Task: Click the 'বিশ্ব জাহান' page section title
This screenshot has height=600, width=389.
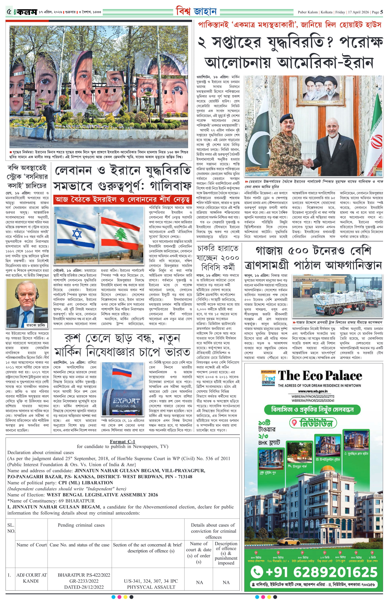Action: (196, 12)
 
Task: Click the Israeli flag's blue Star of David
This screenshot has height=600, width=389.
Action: (77, 234)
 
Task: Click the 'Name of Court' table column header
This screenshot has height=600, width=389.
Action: (31, 544)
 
